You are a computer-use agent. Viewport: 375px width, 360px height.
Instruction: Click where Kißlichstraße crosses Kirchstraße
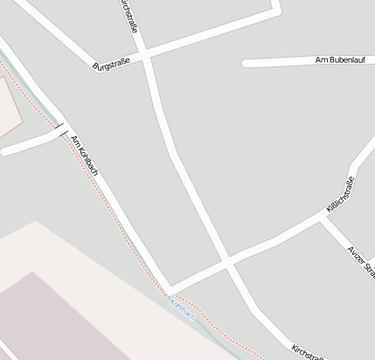pos(226,260)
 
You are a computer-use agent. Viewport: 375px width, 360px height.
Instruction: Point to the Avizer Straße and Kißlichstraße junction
pos(323,218)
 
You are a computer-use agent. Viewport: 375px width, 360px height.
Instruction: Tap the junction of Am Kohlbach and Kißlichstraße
pos(170,292)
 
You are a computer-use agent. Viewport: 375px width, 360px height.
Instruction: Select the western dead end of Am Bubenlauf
pos(246,63)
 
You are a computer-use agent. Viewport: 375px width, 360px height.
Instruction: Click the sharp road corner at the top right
pos(277,9)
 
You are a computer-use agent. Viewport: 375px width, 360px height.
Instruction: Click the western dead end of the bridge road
pos(3,151)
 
